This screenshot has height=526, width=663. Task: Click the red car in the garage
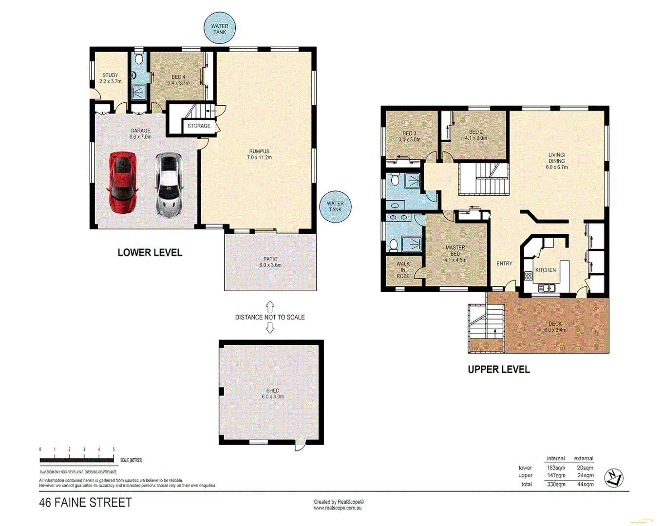tap(122, 183)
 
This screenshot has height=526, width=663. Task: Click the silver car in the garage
tap(169, 185)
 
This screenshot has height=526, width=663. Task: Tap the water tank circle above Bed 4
tap(220, 29)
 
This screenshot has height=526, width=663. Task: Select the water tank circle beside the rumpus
tap(335, 207)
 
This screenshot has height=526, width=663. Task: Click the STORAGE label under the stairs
tap(199, 126)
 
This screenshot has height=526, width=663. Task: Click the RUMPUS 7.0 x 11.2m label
tap(259, 154)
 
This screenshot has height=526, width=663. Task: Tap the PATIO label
tap(270, 262)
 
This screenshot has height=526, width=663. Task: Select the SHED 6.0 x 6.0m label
tap(273, 394)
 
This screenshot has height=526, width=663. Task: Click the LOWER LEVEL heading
tap(150, 252)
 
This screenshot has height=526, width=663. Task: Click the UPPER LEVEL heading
tap(498, 369)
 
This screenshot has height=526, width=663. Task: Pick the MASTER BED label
tap(455, 253)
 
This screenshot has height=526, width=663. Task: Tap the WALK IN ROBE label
tap(403, 270)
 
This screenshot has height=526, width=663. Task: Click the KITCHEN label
tap(545, 270)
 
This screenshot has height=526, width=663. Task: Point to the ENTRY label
tap(504, 263)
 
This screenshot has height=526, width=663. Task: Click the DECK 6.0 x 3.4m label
tap(555, 327)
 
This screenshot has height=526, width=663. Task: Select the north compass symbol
tap(614, 478)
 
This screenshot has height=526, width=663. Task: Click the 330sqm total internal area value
tap(556, 484)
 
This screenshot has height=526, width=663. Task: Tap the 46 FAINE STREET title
tap(85, 502)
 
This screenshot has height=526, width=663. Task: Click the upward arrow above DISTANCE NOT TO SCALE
tap(270, 306)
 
